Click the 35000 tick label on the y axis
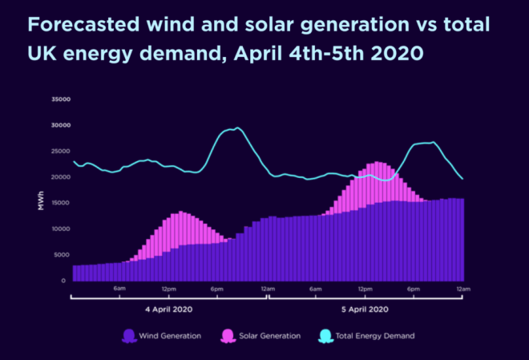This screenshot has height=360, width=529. coord(61,100)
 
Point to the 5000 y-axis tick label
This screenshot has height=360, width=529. coord(63,255)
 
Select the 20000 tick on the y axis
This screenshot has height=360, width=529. coord(61,177)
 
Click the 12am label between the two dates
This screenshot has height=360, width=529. coord(267,289)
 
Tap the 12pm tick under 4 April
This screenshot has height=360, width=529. coord(168,289)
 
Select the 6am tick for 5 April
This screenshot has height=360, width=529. coord(315,289)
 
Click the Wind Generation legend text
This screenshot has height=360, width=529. coord(172,336)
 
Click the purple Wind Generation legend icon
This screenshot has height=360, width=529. coord(128,336)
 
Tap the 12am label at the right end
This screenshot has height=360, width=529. coord(462,289)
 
